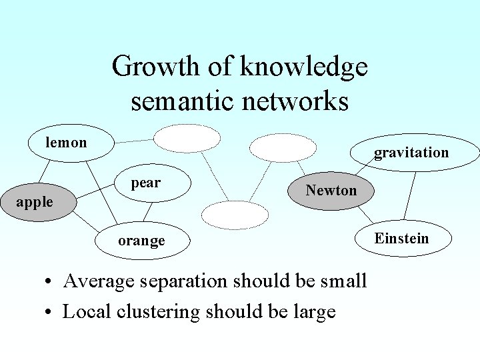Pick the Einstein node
401,239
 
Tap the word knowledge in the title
303,67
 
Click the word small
343,281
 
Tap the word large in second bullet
313,311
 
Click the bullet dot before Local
49,312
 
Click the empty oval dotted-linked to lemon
187,139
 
